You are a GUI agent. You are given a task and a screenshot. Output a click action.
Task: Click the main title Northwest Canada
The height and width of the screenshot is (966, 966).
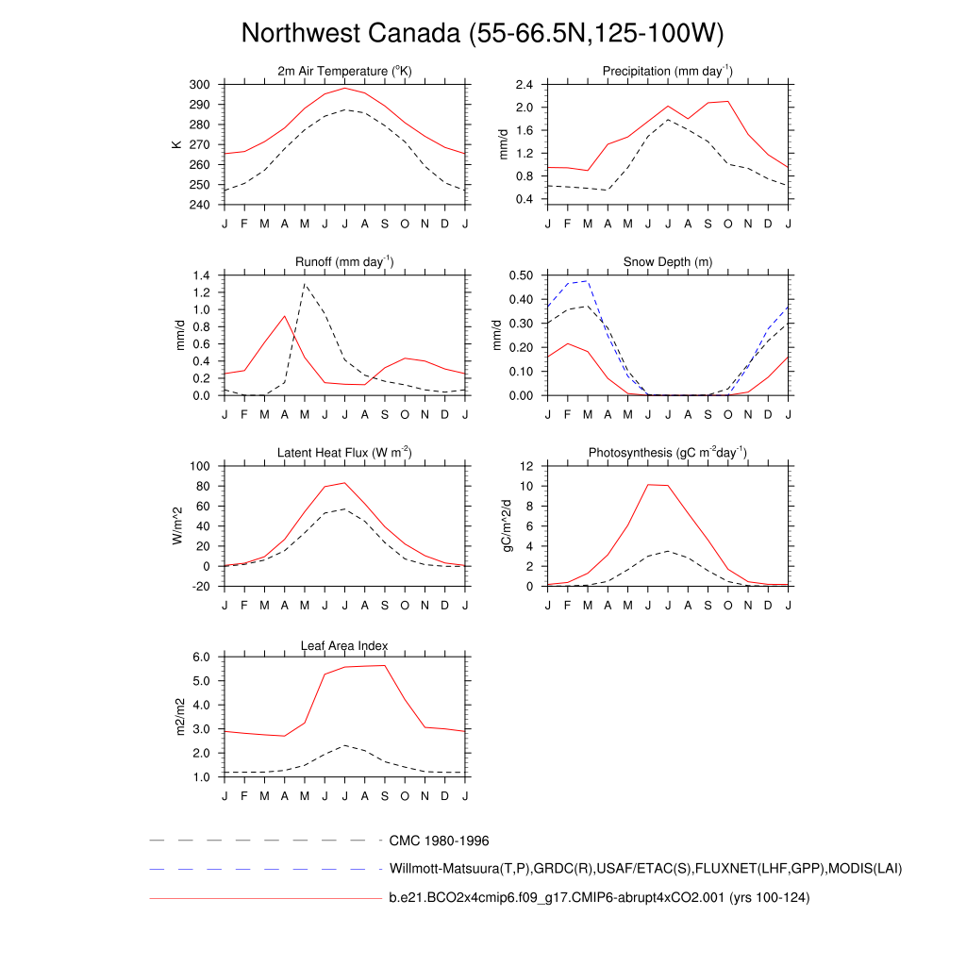[482, 34]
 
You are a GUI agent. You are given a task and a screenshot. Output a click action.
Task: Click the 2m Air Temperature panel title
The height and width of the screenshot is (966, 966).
[344, 72]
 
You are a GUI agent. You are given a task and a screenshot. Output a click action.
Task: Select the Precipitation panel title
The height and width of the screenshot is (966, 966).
[668, 72]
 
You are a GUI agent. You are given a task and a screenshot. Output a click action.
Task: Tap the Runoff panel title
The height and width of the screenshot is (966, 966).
[344, 262]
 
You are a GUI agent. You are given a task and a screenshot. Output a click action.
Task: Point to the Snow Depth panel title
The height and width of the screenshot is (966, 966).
[668, 262]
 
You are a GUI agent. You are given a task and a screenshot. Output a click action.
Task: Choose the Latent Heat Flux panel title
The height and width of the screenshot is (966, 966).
[344, 453]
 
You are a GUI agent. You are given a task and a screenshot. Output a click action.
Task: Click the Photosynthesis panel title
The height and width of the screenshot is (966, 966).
[668, 453]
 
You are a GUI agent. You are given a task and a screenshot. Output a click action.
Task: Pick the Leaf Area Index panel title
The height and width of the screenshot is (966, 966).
[344, 645]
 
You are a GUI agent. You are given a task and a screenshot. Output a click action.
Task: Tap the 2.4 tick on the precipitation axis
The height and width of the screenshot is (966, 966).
[525, 85]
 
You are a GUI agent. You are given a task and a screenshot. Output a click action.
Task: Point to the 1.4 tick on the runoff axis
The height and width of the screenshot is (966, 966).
[200, 275]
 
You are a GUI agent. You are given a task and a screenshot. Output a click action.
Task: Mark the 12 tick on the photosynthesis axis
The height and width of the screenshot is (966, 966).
[527, 467]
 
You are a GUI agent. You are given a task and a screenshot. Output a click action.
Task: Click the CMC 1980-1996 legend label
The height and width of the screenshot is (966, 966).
[439, 841]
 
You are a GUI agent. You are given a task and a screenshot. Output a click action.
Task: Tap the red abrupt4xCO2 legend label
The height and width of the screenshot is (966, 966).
[599, 898]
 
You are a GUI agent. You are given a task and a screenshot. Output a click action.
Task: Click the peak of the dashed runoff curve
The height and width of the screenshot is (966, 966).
[305, 283]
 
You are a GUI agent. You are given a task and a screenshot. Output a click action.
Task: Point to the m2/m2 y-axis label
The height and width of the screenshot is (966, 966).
[176, 717]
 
